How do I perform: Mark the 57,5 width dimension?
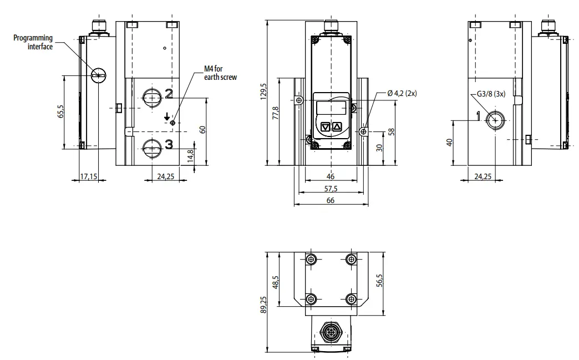[330, 189]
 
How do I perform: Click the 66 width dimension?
[330, 200]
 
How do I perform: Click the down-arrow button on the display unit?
[326, 127]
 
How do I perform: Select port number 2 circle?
[150, 98]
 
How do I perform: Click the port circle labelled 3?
[150, 147]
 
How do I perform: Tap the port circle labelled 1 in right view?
[495, 119]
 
